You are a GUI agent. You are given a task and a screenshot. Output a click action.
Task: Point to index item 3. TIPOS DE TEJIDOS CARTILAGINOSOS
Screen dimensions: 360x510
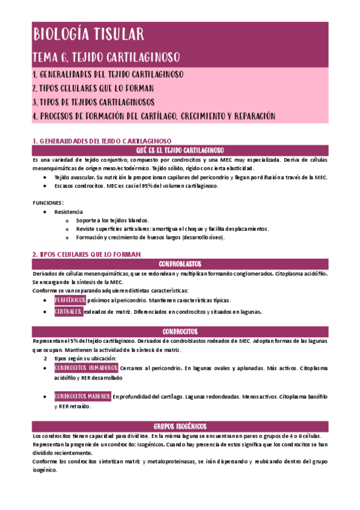(x=93, y=102)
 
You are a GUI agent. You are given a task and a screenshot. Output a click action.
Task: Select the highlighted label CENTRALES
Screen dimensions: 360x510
(x=68, y=312)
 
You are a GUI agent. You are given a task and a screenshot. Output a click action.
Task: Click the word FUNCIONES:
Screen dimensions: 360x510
(x=48, y=203)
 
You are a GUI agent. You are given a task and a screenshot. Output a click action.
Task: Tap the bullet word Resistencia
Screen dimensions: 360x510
(x=69, y=212)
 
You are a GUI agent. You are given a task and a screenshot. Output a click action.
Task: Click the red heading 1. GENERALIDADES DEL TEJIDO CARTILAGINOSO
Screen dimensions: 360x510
(x=102, y=140)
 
